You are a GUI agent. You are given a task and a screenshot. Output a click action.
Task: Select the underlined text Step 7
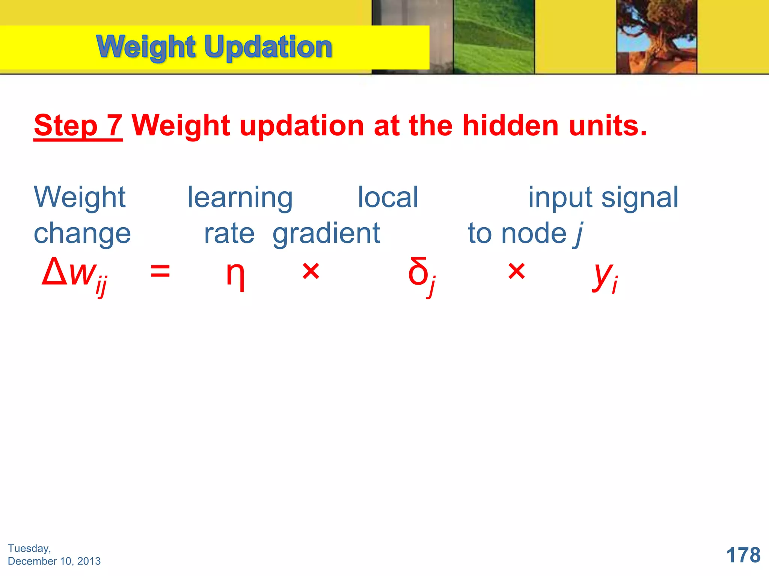coord(78,126)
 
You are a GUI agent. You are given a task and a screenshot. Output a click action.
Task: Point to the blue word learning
coord(240,198)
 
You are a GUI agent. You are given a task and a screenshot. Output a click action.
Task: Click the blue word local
coord(388,198)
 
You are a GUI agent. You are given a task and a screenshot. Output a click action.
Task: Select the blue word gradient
coord(326,234)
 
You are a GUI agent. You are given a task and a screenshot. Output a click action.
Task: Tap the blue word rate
coord(229,234)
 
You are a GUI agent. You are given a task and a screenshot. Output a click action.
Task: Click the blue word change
coord(82,234)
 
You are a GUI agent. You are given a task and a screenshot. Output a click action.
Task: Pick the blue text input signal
coord(603,198)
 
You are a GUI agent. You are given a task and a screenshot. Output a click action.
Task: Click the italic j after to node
coord(579,234)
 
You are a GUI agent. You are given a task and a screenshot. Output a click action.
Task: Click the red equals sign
coord(160,271)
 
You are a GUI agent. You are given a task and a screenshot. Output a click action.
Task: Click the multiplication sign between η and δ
coord(311,271)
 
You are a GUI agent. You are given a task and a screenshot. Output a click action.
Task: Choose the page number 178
coord(743,555)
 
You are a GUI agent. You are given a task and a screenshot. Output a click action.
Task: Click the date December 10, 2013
coord(54,561)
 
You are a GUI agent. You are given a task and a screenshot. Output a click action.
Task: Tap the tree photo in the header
coord(656,37)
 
